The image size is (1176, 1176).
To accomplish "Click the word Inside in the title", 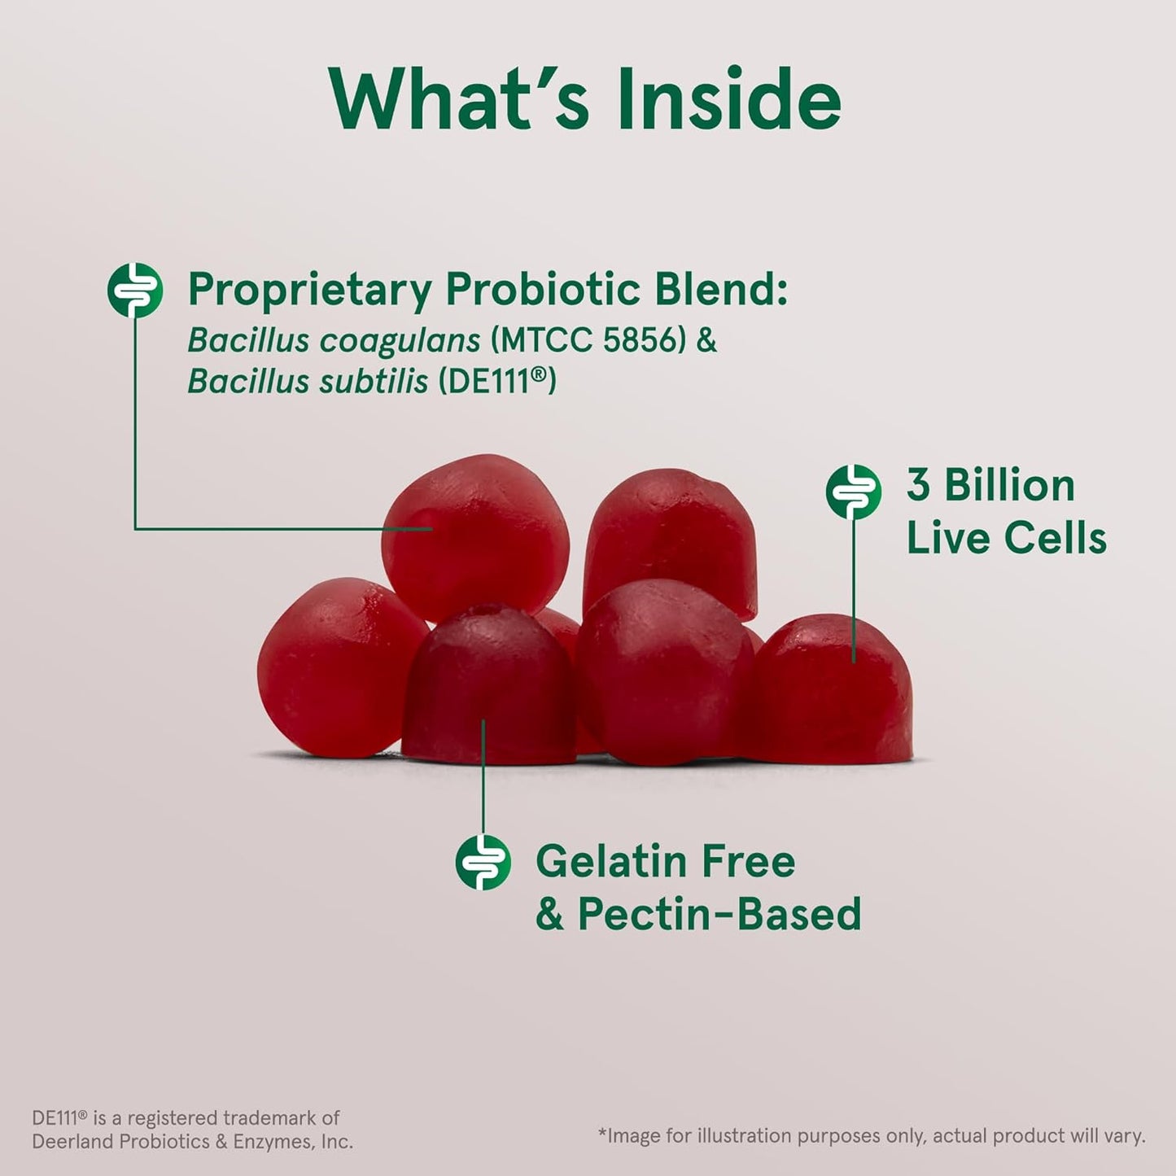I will [x=729, y=99].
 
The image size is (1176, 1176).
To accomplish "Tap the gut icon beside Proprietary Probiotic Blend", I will [x=135, y=290].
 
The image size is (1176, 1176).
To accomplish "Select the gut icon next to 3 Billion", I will [x=854, y=492].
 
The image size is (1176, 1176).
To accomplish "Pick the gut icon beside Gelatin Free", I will [x=483, y=861].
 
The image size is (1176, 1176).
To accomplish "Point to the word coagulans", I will [x=400, y=340].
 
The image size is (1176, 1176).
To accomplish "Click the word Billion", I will [x=1009, y=486].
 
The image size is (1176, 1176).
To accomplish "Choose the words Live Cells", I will [x=1007, y=538].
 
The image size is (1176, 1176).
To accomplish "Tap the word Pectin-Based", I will [x=719, y=914].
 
